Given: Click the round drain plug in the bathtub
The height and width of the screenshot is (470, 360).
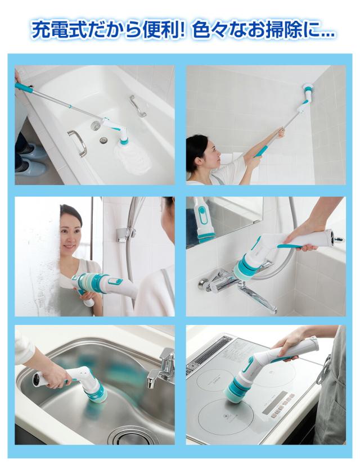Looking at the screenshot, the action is click(103, 139).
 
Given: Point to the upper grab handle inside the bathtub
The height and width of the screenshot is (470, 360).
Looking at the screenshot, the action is click(137, 106).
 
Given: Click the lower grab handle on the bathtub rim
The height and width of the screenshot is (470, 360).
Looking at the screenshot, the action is click(78, 142).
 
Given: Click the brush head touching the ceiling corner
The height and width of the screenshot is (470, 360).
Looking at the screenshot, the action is click(309, 89).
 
